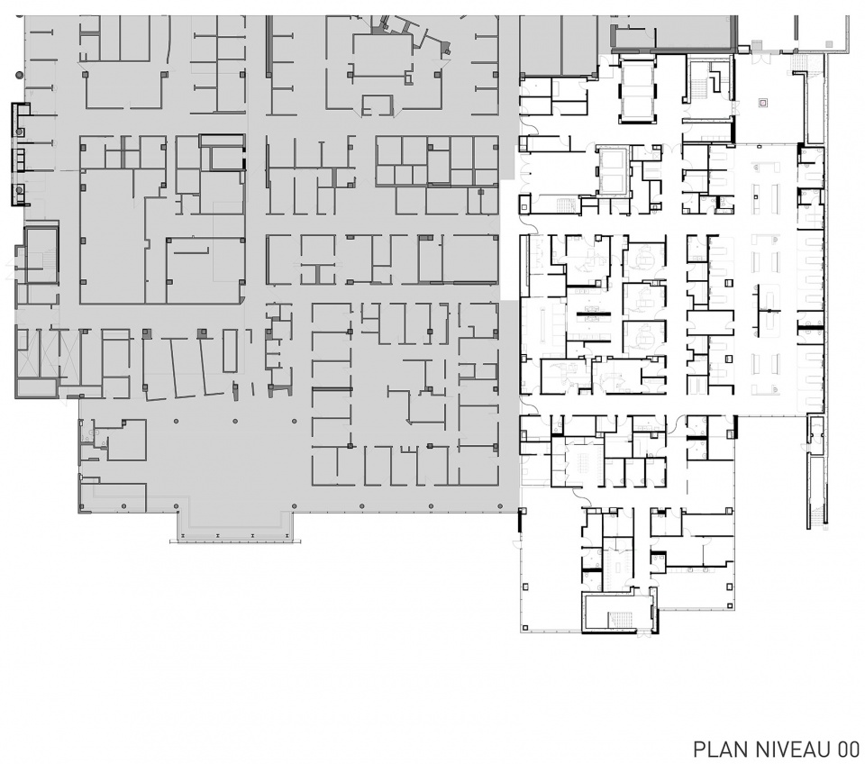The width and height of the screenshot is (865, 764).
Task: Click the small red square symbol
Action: tap(763, 102)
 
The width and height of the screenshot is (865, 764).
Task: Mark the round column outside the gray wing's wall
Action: tap(19, 74)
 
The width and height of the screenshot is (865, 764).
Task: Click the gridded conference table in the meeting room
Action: tap(584, 459)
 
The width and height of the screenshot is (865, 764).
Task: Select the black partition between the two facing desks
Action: tap(593, 314)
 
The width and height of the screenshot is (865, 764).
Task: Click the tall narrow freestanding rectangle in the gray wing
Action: tap(230, 350)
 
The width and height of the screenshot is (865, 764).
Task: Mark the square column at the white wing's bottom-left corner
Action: tap(525, 627)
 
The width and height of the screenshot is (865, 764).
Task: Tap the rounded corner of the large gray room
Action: tap(241, 299)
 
